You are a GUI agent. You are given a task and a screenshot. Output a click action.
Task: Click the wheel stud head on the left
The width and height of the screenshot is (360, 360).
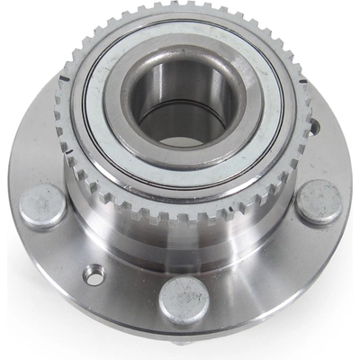coord(41,207)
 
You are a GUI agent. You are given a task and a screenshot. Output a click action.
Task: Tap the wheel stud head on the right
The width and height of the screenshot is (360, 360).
coord(319,202)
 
